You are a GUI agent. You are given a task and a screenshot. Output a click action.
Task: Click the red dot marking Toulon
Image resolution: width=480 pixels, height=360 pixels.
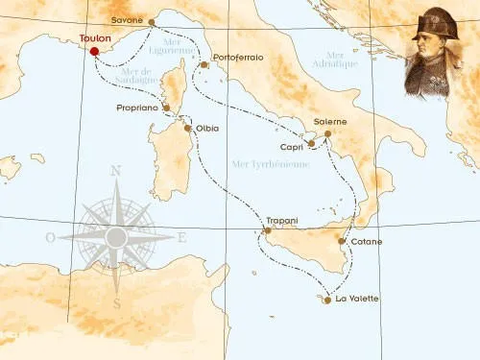click(93, 51)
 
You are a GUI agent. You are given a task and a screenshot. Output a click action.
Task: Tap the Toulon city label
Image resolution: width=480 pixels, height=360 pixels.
click(96, 40)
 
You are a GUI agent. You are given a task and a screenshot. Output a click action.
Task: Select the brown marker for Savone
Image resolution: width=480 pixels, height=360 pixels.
click(151, 22)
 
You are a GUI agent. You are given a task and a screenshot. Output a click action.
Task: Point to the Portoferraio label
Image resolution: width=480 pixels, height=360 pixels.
click(238, 58)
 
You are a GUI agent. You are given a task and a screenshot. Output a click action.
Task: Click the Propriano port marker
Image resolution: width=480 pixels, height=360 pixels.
click(167, 108)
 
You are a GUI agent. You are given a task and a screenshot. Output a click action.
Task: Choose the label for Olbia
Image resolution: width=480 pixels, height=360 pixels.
click(206, 128)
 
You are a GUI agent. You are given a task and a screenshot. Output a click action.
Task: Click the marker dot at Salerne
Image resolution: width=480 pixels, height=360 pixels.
click(327, 134)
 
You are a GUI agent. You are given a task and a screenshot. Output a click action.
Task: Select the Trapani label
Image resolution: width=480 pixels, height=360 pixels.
click(283, 221)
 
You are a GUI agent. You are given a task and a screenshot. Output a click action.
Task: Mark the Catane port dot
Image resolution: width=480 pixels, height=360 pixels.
click(343, 242)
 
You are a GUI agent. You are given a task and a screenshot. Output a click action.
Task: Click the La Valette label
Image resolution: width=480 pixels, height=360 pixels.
click(357, 299)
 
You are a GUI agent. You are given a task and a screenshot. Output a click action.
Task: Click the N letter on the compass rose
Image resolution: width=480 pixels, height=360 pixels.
click(117, 172)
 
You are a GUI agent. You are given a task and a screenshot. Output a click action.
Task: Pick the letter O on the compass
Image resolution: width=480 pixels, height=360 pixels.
click(50, 236)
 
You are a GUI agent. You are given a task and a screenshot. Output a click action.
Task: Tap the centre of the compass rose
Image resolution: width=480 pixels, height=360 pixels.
click(117, 236)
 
